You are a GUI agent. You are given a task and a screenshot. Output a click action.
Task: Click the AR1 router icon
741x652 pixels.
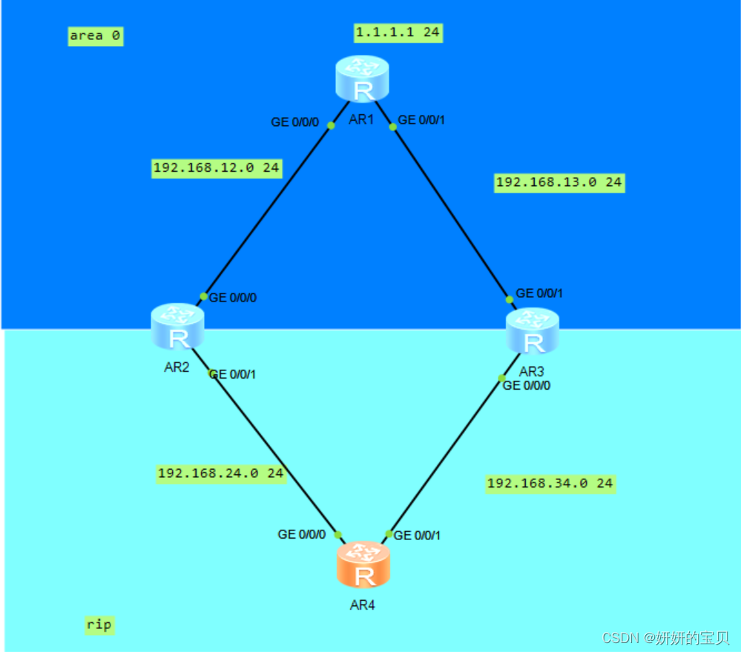click(x=361, y=79)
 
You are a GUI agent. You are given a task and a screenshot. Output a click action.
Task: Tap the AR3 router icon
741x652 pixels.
click(x=533, y=331)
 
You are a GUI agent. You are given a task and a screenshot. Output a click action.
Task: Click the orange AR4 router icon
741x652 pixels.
click(x=363, y=565)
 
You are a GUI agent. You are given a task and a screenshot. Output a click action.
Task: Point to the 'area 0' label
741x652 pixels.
click(x=95, y=36)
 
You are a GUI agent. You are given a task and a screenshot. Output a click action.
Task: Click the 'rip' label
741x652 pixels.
click(x=99, y=625)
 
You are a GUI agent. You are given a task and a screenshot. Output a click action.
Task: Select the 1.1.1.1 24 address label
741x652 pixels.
click(x=398, y=32)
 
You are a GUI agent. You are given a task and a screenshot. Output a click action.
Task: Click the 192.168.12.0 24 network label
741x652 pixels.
click(x=216, y=168)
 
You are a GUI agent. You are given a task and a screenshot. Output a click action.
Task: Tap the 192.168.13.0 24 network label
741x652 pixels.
click(x=559, y=182)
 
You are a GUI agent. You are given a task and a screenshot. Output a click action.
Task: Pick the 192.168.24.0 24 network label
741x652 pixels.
click(x=220, y=473)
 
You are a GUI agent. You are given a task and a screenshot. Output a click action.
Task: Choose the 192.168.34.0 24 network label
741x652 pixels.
click(x=550, y=483)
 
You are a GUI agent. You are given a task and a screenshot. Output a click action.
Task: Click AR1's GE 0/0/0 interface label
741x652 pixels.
click(x=294, y=122)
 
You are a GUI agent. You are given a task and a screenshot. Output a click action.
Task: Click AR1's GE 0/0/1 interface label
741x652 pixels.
click(x=422, y=120)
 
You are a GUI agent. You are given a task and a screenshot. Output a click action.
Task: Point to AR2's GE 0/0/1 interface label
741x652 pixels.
click(x=233, y=375)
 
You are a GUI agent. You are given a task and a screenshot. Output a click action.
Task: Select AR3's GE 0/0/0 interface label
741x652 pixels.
click(x=527, y=385)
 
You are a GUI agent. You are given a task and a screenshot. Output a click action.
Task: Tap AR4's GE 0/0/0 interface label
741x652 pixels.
click(x=301, y=534)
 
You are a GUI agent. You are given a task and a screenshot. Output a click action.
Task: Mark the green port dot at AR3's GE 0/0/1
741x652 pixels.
click(x=510, y=299)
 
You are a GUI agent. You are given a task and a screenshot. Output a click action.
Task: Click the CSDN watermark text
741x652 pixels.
click(x=665, y=638)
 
